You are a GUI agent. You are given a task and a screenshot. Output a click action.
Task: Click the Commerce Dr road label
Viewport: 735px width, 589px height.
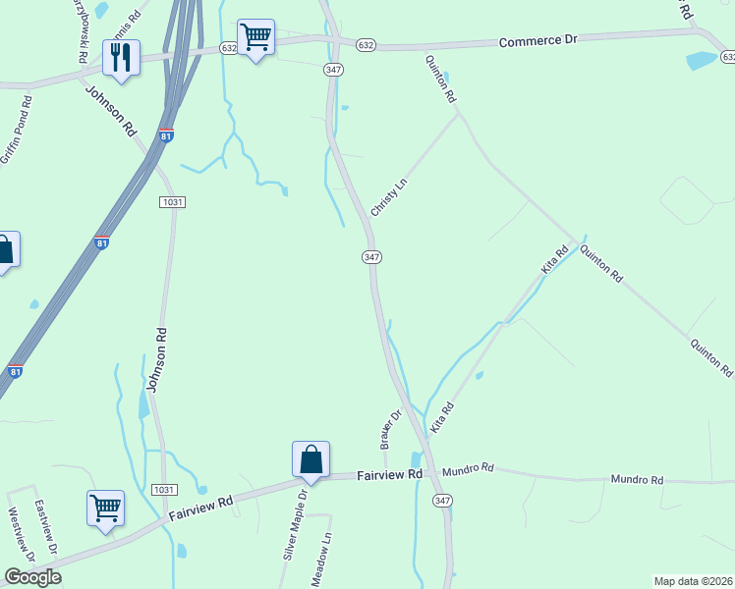(537, 42)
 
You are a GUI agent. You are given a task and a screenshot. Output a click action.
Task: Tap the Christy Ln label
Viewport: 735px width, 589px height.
(388, 197)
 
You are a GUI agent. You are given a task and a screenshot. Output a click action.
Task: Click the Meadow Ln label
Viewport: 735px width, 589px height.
(322, 560)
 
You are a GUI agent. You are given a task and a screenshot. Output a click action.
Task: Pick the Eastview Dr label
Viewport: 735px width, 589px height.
(47, 527)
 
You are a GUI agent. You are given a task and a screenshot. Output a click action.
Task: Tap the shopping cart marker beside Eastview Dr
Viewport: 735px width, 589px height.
(105, 508)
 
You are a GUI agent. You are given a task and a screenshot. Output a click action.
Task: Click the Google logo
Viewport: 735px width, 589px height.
(32, 577)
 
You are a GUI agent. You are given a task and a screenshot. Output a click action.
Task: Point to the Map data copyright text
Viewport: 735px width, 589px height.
(694, 580)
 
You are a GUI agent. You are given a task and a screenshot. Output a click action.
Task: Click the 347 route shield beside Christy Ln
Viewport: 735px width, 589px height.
(371, 256)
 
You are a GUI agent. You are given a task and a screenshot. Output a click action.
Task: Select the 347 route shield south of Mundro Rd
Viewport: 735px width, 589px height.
(442, 501)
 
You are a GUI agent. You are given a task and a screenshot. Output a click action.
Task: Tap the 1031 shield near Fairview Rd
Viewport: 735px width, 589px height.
(164, 489)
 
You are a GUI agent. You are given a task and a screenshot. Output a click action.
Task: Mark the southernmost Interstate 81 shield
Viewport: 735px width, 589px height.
(15, 370)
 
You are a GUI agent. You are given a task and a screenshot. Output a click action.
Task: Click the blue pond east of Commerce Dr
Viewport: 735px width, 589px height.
(703, 60)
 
